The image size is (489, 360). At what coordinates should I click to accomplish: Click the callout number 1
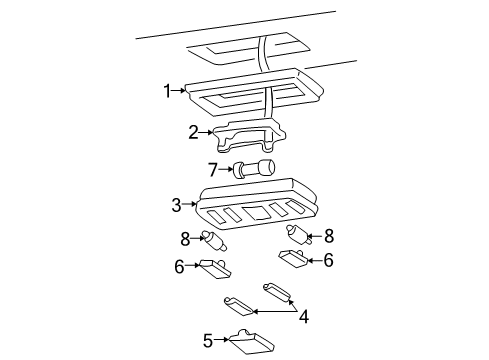(167, 91)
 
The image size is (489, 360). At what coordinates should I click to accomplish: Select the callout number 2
(193, 132)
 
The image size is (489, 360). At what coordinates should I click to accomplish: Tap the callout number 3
(176, 205)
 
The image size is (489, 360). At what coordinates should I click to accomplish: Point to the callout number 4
(304, 317)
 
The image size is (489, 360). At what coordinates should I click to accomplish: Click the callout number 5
(208, 341)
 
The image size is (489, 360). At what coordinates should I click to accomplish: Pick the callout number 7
(213, 170)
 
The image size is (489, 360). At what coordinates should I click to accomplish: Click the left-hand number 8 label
(185, 239)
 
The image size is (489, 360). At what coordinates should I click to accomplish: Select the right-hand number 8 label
(329, 236)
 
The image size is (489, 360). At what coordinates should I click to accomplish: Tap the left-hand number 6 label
(179, 267)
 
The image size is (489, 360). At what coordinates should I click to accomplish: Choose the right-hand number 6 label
(328, 260)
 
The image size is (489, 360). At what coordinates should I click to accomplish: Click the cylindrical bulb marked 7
(254, 168)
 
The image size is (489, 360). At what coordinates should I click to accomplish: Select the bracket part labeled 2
(249, 135)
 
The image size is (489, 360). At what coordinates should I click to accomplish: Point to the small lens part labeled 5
(253, 341)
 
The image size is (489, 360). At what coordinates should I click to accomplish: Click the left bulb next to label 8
(214, 241)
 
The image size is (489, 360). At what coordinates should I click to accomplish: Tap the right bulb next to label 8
(299, 235)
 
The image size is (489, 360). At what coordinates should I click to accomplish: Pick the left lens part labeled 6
(215, 269)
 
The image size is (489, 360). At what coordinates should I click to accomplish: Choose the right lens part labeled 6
(293, 258)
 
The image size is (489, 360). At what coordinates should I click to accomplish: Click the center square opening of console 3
(257, 213)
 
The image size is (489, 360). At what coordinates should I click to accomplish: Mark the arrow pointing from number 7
(226, 169)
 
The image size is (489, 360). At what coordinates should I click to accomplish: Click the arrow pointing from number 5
(222, 340)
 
